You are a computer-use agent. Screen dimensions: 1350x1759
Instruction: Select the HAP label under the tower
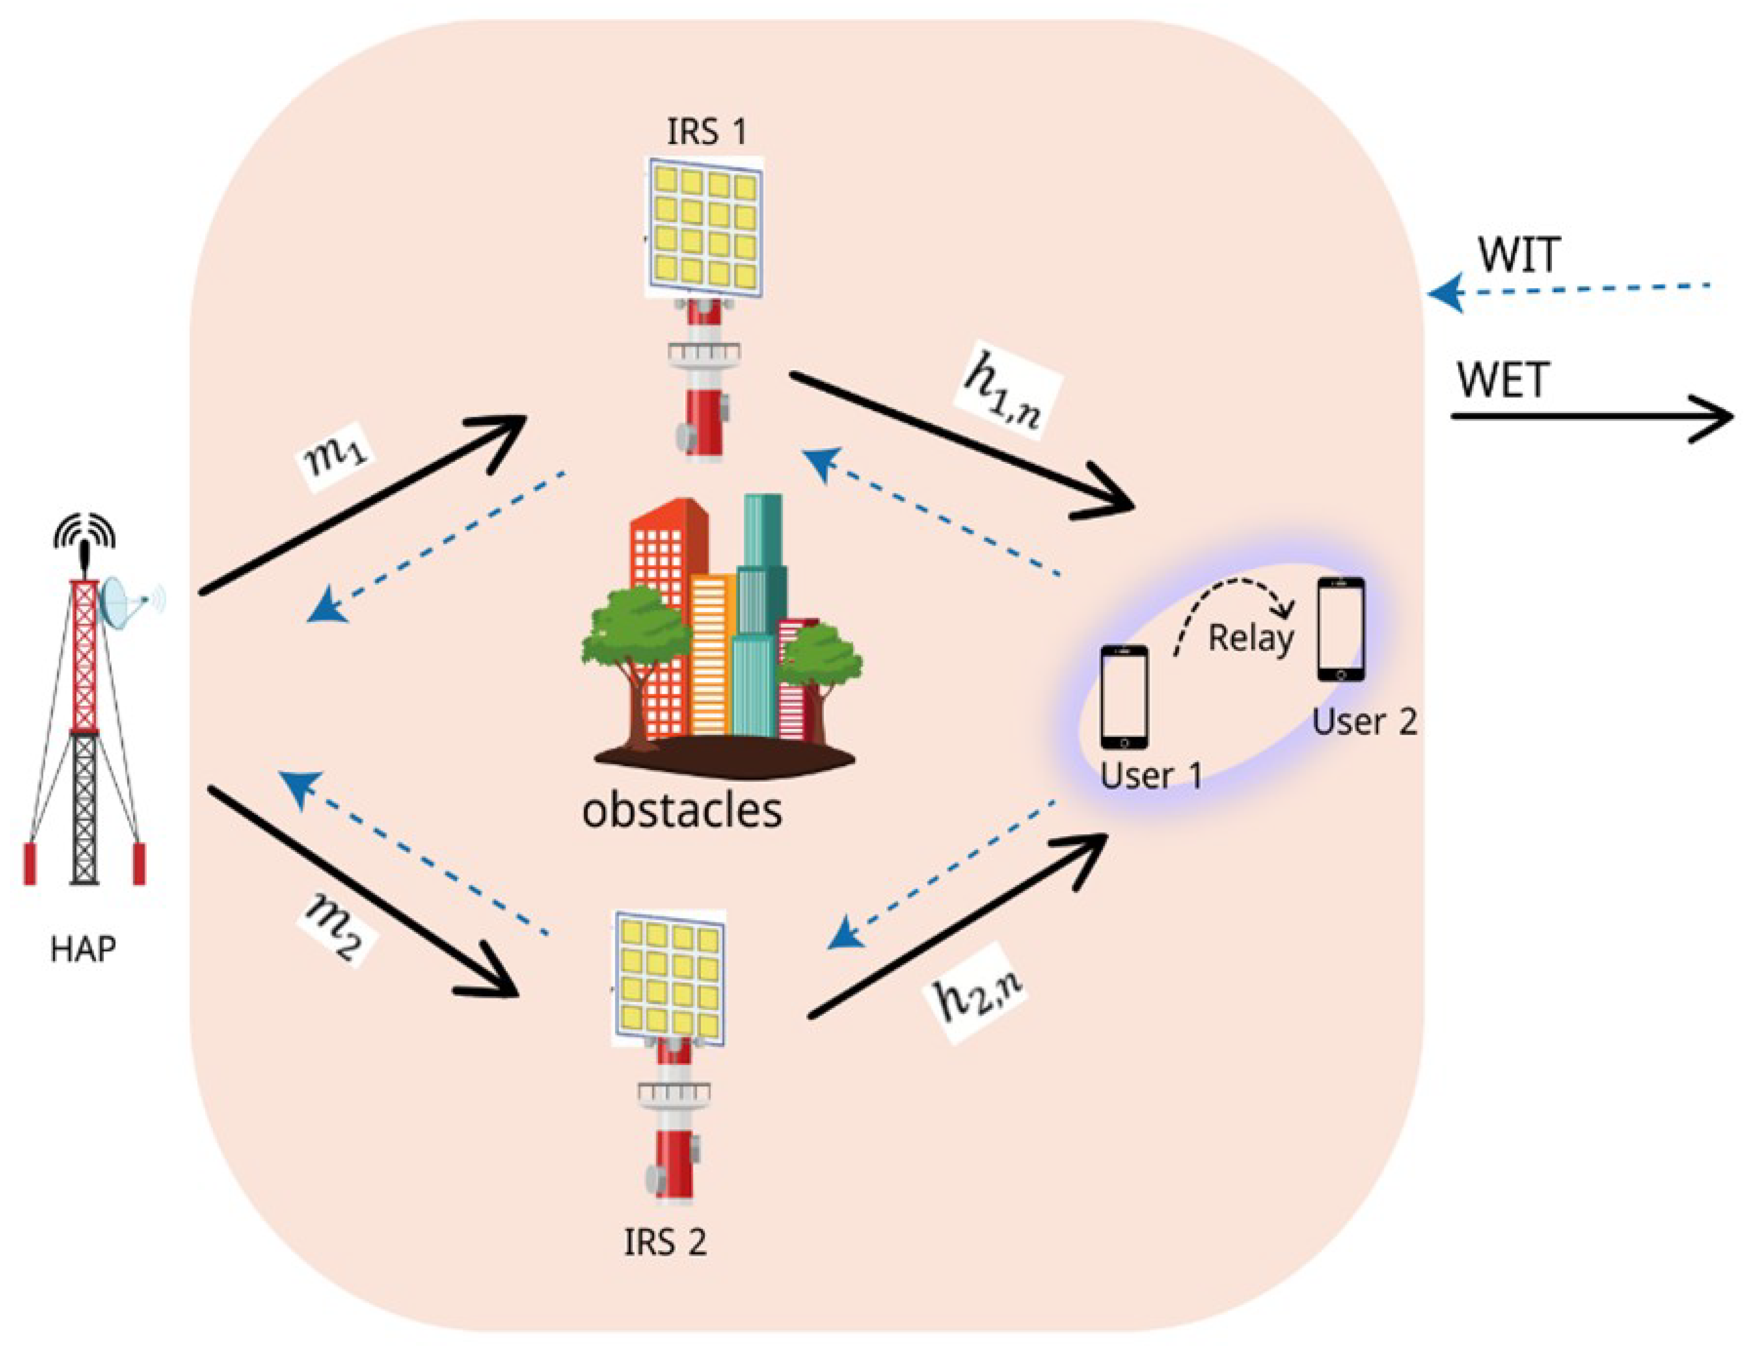point(83,950)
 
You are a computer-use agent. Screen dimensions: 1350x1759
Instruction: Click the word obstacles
point(682,811)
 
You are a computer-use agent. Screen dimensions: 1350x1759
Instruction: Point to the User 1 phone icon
point(1124,697)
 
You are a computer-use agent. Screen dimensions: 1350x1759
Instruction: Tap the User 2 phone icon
point(1340,629)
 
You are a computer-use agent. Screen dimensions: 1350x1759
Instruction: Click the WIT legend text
point(1518,255)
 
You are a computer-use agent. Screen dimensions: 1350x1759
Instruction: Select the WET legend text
point(1502,380)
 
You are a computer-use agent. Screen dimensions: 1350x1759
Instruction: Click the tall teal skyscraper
point(760,611)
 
